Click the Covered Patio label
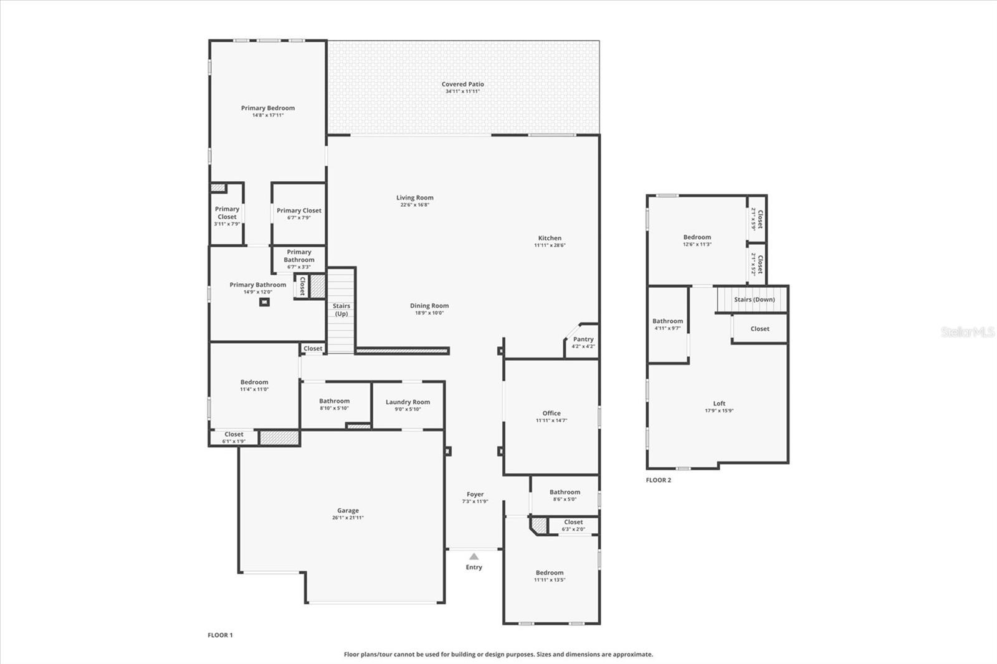point(462,84)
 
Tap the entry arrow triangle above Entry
point(474,556)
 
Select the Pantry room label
point(583,339)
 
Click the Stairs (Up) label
point(341,310)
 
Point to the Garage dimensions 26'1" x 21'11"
point(348,518)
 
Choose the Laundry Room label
point(408,402)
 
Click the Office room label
point(551,413)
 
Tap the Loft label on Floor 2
point(719,404)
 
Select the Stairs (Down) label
point(754,300)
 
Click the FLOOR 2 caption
point(659,480)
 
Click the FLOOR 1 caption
point(220,635)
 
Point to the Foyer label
point(475,495)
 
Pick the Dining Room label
point(429,306)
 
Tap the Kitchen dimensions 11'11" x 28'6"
point(550,245)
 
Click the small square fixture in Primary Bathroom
point(264,302)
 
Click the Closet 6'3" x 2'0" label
point(573,525)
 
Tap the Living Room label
point(414,198)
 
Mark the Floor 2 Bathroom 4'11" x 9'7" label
point(667,324)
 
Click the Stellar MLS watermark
point(967,332)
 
